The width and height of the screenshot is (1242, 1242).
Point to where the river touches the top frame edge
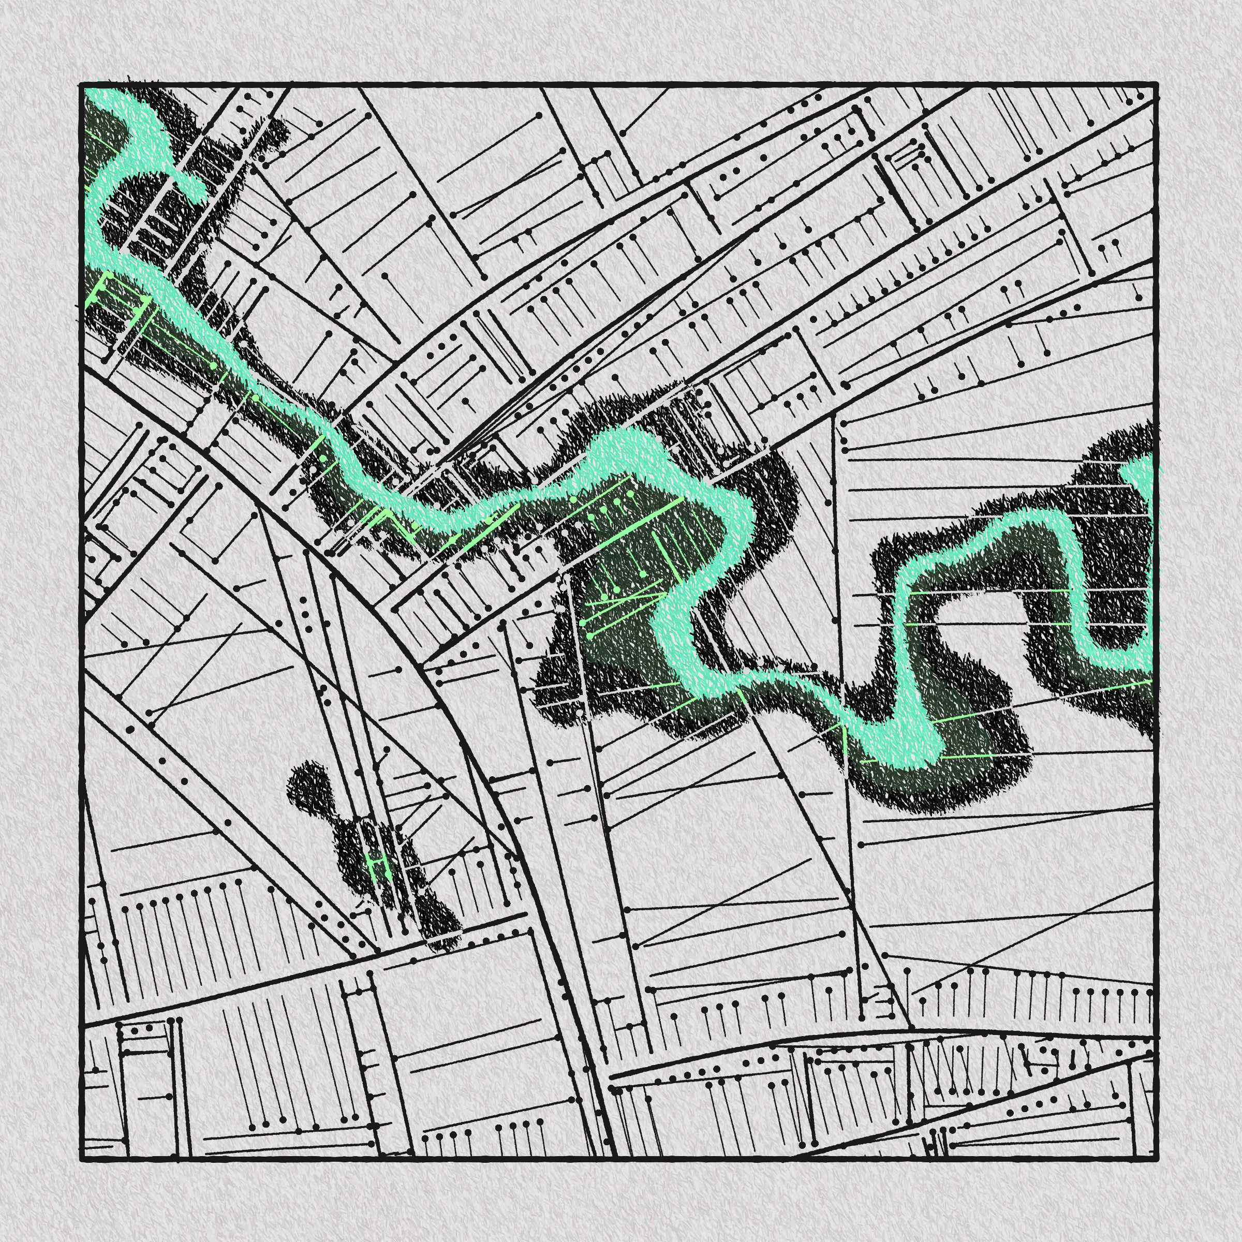(106, 90)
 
